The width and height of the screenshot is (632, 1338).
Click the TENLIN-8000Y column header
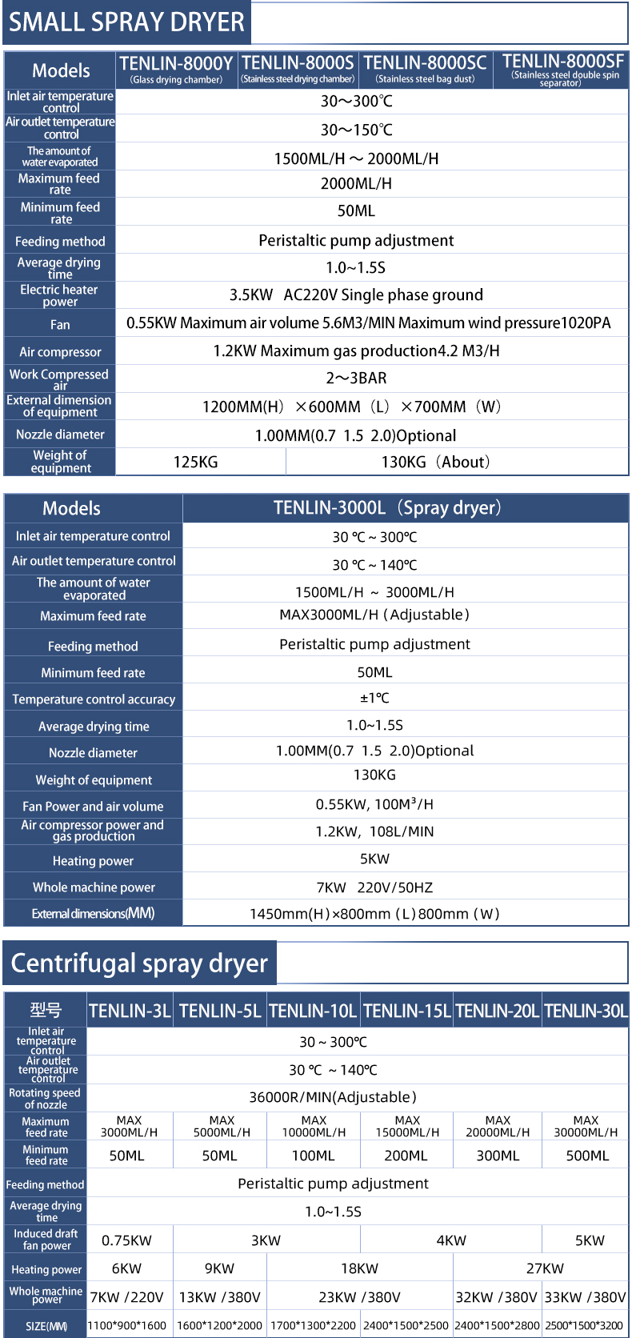click(176, 69)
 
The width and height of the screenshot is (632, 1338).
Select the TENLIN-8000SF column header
click(562, 69)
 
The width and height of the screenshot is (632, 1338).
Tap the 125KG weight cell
click(196, 462)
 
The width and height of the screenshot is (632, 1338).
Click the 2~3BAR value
click(356, 378)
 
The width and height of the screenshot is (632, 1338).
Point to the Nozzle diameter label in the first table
click(60, 435)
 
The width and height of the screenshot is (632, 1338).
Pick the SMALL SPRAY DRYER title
click(126, 22)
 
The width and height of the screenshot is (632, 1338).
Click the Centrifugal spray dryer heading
click(139, 963)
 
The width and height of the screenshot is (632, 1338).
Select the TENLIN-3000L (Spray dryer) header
click(387, 508)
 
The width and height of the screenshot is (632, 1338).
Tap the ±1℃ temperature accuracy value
click(374, 698)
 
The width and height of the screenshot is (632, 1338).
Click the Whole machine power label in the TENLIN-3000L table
click(94, 887)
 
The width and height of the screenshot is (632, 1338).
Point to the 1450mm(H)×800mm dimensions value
click(374, 914)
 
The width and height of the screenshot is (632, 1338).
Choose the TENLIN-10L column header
click(313, 1011)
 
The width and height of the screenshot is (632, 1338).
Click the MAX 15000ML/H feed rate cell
click(407, 1126)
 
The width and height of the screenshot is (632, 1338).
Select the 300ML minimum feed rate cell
click(498, 1156)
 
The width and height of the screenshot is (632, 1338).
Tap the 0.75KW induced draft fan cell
click(126, 1240)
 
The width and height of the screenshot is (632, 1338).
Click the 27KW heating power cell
click(545, 1268)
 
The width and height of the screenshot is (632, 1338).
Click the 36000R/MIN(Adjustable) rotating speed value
click(333, 1097)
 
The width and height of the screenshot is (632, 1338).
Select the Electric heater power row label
click(59, 295)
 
